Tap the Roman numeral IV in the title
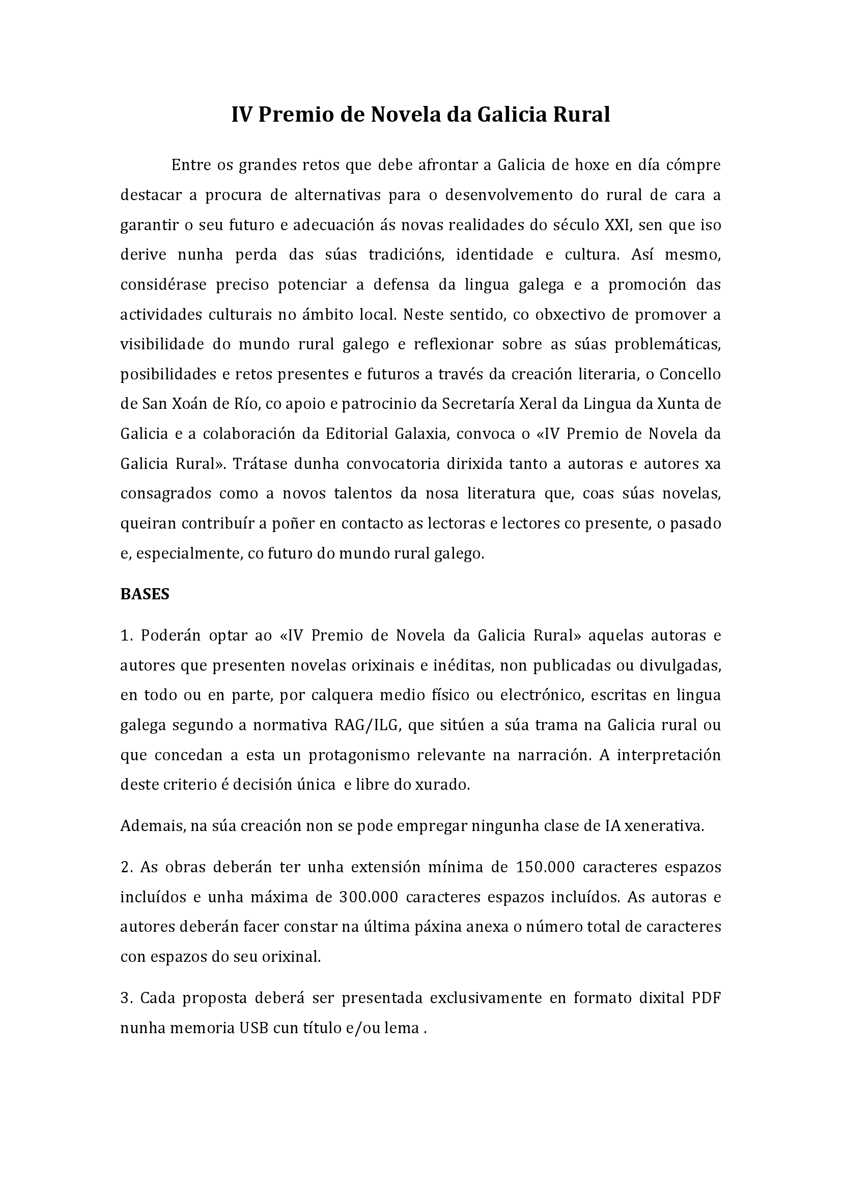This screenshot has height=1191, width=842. pos(242,115)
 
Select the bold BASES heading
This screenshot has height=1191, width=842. pos(145,594)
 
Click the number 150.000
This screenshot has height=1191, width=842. pos(545,867)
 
